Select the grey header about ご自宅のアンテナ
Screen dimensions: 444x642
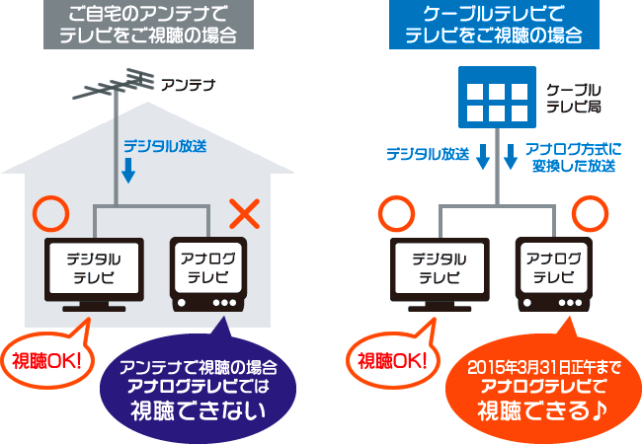pos(154,26)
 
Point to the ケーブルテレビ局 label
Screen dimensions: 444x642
pos(574,97)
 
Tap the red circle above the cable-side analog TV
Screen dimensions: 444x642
pos(590,211)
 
